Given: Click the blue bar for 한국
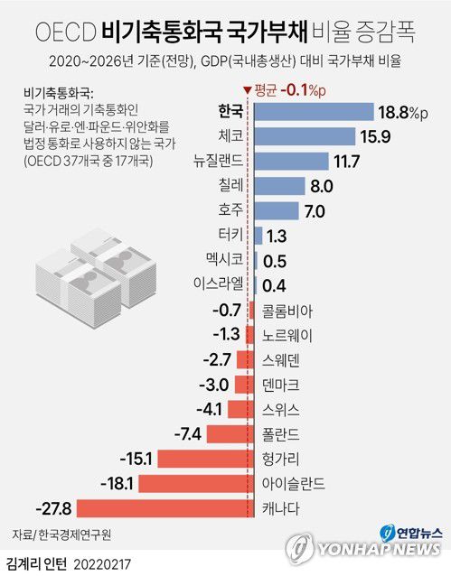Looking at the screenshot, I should coord(314,111).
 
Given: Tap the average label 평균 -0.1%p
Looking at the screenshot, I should coord(283,88).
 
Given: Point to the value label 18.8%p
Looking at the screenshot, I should coord(406,111).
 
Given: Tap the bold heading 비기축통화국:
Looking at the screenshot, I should coord(54,92).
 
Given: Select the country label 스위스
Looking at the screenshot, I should coord(281,409).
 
